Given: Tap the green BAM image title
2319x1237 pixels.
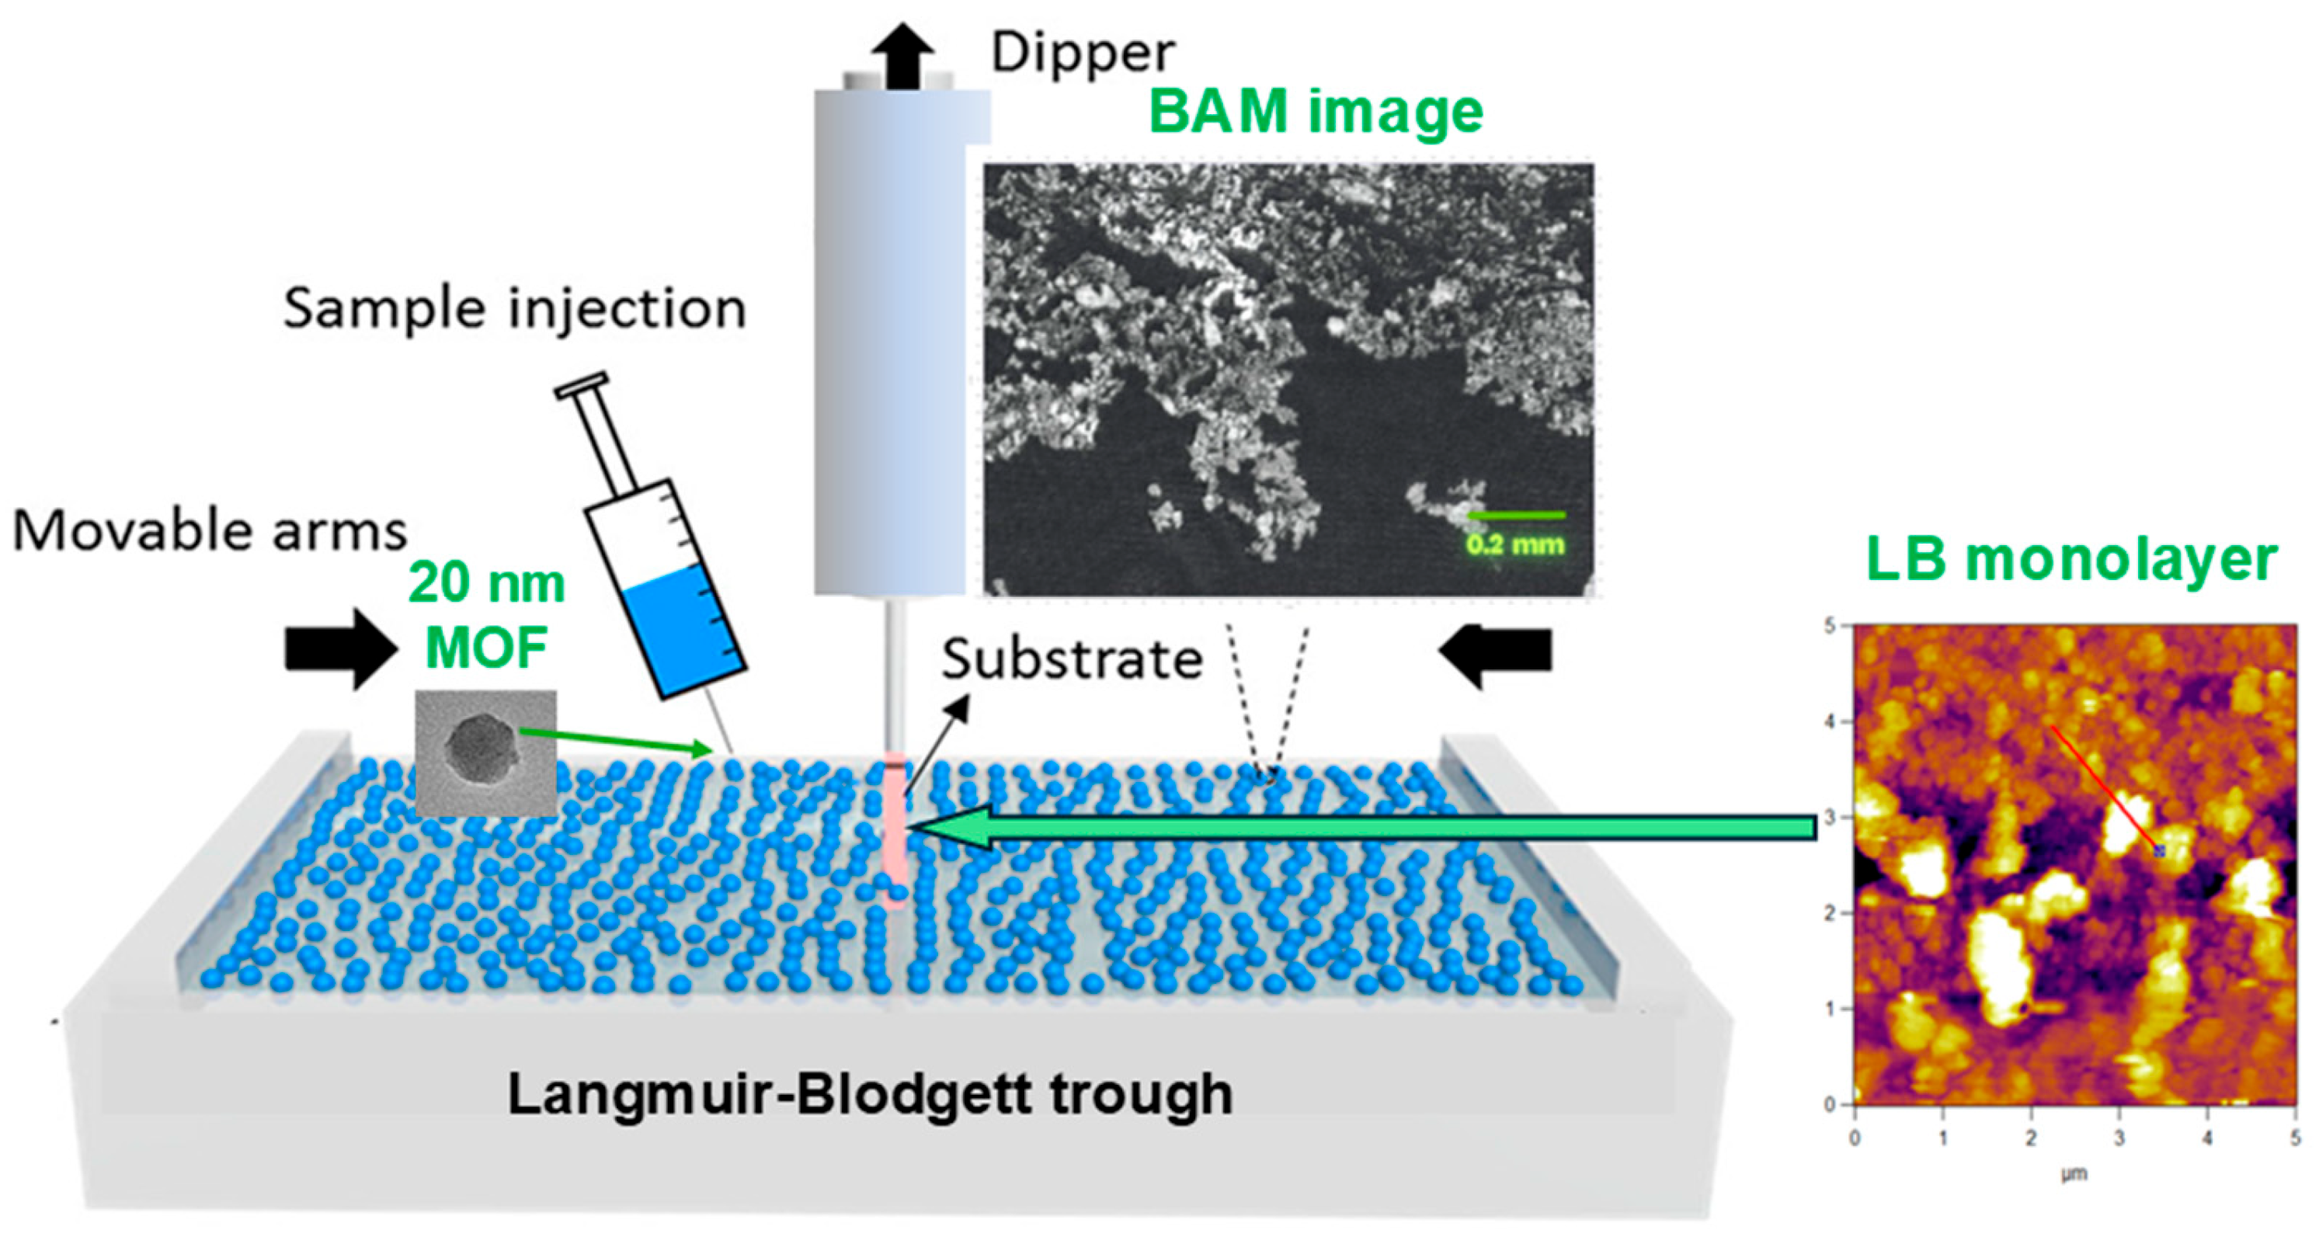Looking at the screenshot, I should [1316, 112].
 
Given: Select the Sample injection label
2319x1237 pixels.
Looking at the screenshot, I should [514, 309].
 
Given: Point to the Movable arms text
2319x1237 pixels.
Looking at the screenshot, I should [210, 531].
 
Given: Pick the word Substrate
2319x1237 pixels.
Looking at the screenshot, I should [1071, 660].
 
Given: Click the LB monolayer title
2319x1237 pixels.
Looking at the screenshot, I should [2071, 560].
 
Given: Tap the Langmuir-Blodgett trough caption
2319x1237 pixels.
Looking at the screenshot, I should [870, 1095].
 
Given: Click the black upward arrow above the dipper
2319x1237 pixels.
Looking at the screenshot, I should [901, 54].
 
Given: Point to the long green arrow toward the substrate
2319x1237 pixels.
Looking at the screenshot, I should [1368, 827].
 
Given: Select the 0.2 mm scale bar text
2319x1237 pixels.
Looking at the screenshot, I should [1515, 544].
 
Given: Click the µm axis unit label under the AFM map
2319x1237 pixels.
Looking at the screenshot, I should [2074, 1174].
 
